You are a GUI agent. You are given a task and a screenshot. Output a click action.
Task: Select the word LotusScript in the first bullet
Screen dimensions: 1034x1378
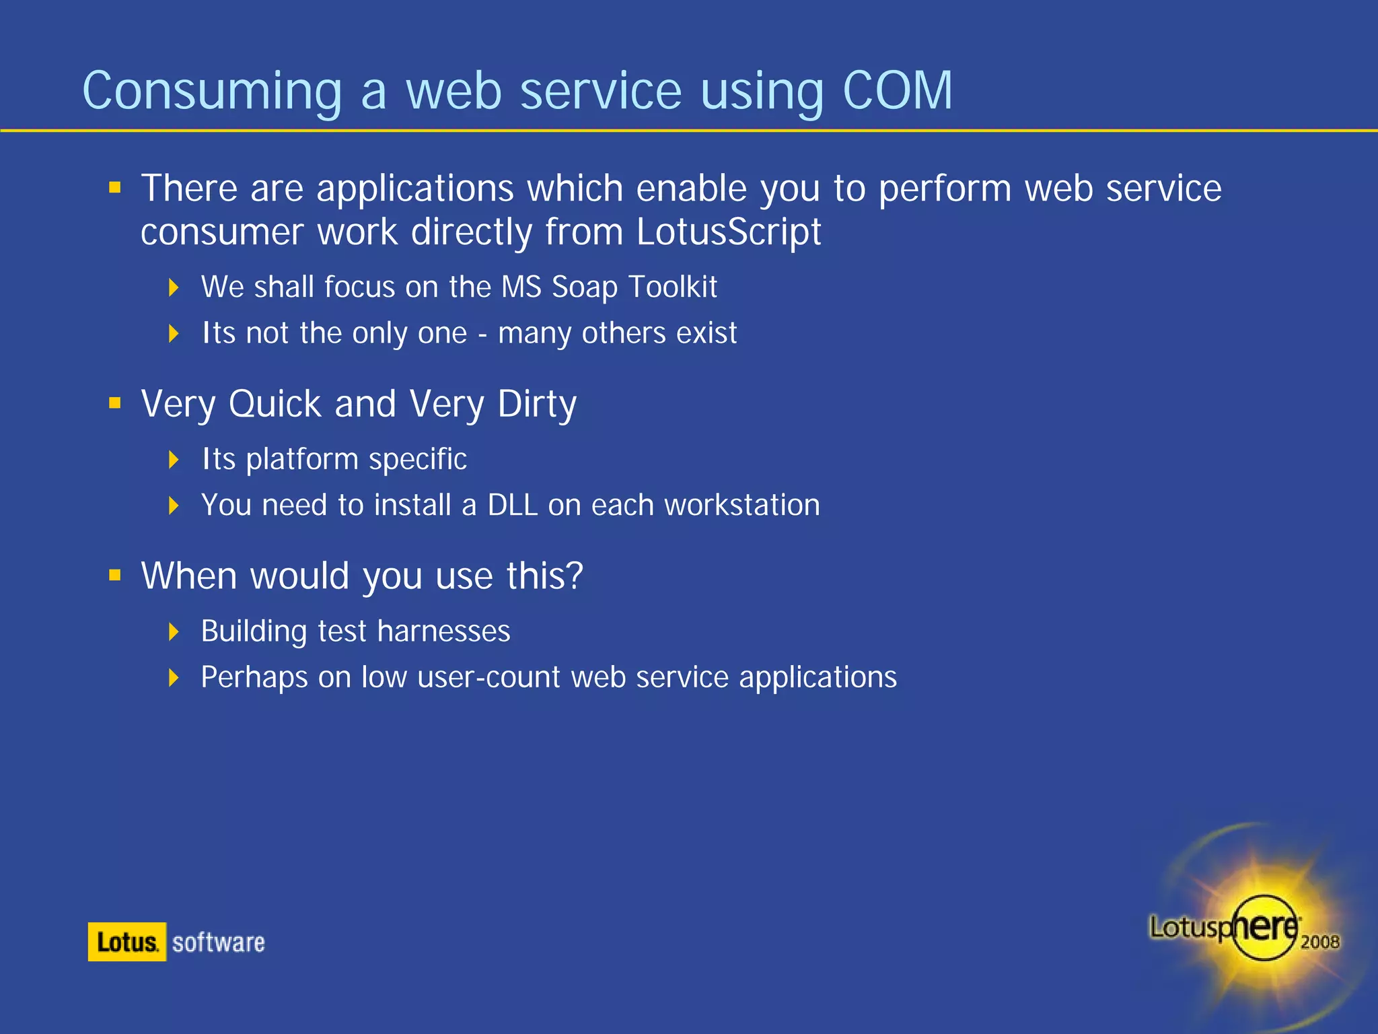[x=728, y=232]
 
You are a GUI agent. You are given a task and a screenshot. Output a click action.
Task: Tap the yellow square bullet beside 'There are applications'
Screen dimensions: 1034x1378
[x=115, y=187]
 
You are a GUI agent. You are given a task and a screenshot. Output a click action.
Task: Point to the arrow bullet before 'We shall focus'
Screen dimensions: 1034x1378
[x=174, y=287]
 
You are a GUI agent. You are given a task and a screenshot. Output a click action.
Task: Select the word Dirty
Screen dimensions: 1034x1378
[x=536, y=404]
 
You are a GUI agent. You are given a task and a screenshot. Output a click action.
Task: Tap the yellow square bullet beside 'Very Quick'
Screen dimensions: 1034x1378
[x=115, y=403]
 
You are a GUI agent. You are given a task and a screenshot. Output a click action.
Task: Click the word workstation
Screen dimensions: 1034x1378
[x=741, y=505]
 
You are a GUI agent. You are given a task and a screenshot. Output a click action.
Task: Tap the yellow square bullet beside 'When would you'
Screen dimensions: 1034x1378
[x=115, y=575]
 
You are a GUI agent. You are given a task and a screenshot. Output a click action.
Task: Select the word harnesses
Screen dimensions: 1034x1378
[x=443, y=631]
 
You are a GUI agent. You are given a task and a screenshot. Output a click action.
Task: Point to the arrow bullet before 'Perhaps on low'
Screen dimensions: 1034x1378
[x=174, y=677]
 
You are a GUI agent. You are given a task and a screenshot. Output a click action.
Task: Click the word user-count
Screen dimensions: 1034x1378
[x=488, y=677]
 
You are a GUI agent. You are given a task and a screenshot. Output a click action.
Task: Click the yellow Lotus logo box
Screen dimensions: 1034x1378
[x=126, y=942]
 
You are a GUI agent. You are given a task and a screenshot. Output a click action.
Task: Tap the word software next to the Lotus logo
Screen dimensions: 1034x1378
[x=218, y=942]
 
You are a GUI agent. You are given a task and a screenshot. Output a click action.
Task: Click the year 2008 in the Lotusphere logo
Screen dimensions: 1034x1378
[x=1319, y=942]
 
